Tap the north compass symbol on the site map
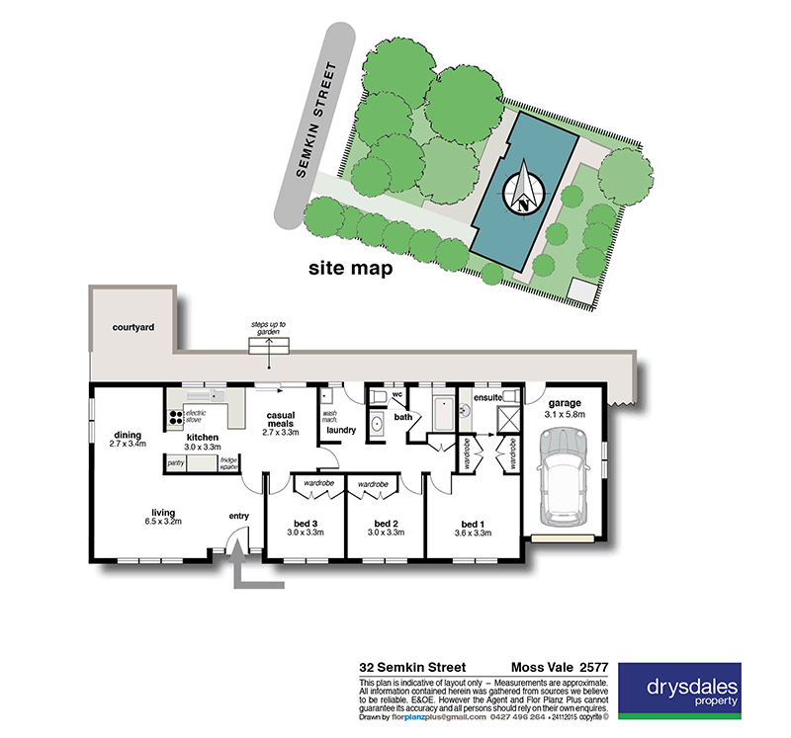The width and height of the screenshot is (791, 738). tap(524, 190)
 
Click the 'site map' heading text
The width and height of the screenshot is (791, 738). tap(350, 268)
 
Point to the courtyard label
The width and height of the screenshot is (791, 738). tap(132, 326)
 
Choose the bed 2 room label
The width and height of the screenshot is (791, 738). tap(386, 524)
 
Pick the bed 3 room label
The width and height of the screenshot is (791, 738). tap(305, 524)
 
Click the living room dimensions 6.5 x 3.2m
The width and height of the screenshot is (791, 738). tap(163, 524)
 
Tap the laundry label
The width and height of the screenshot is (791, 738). tap(341, 430)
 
